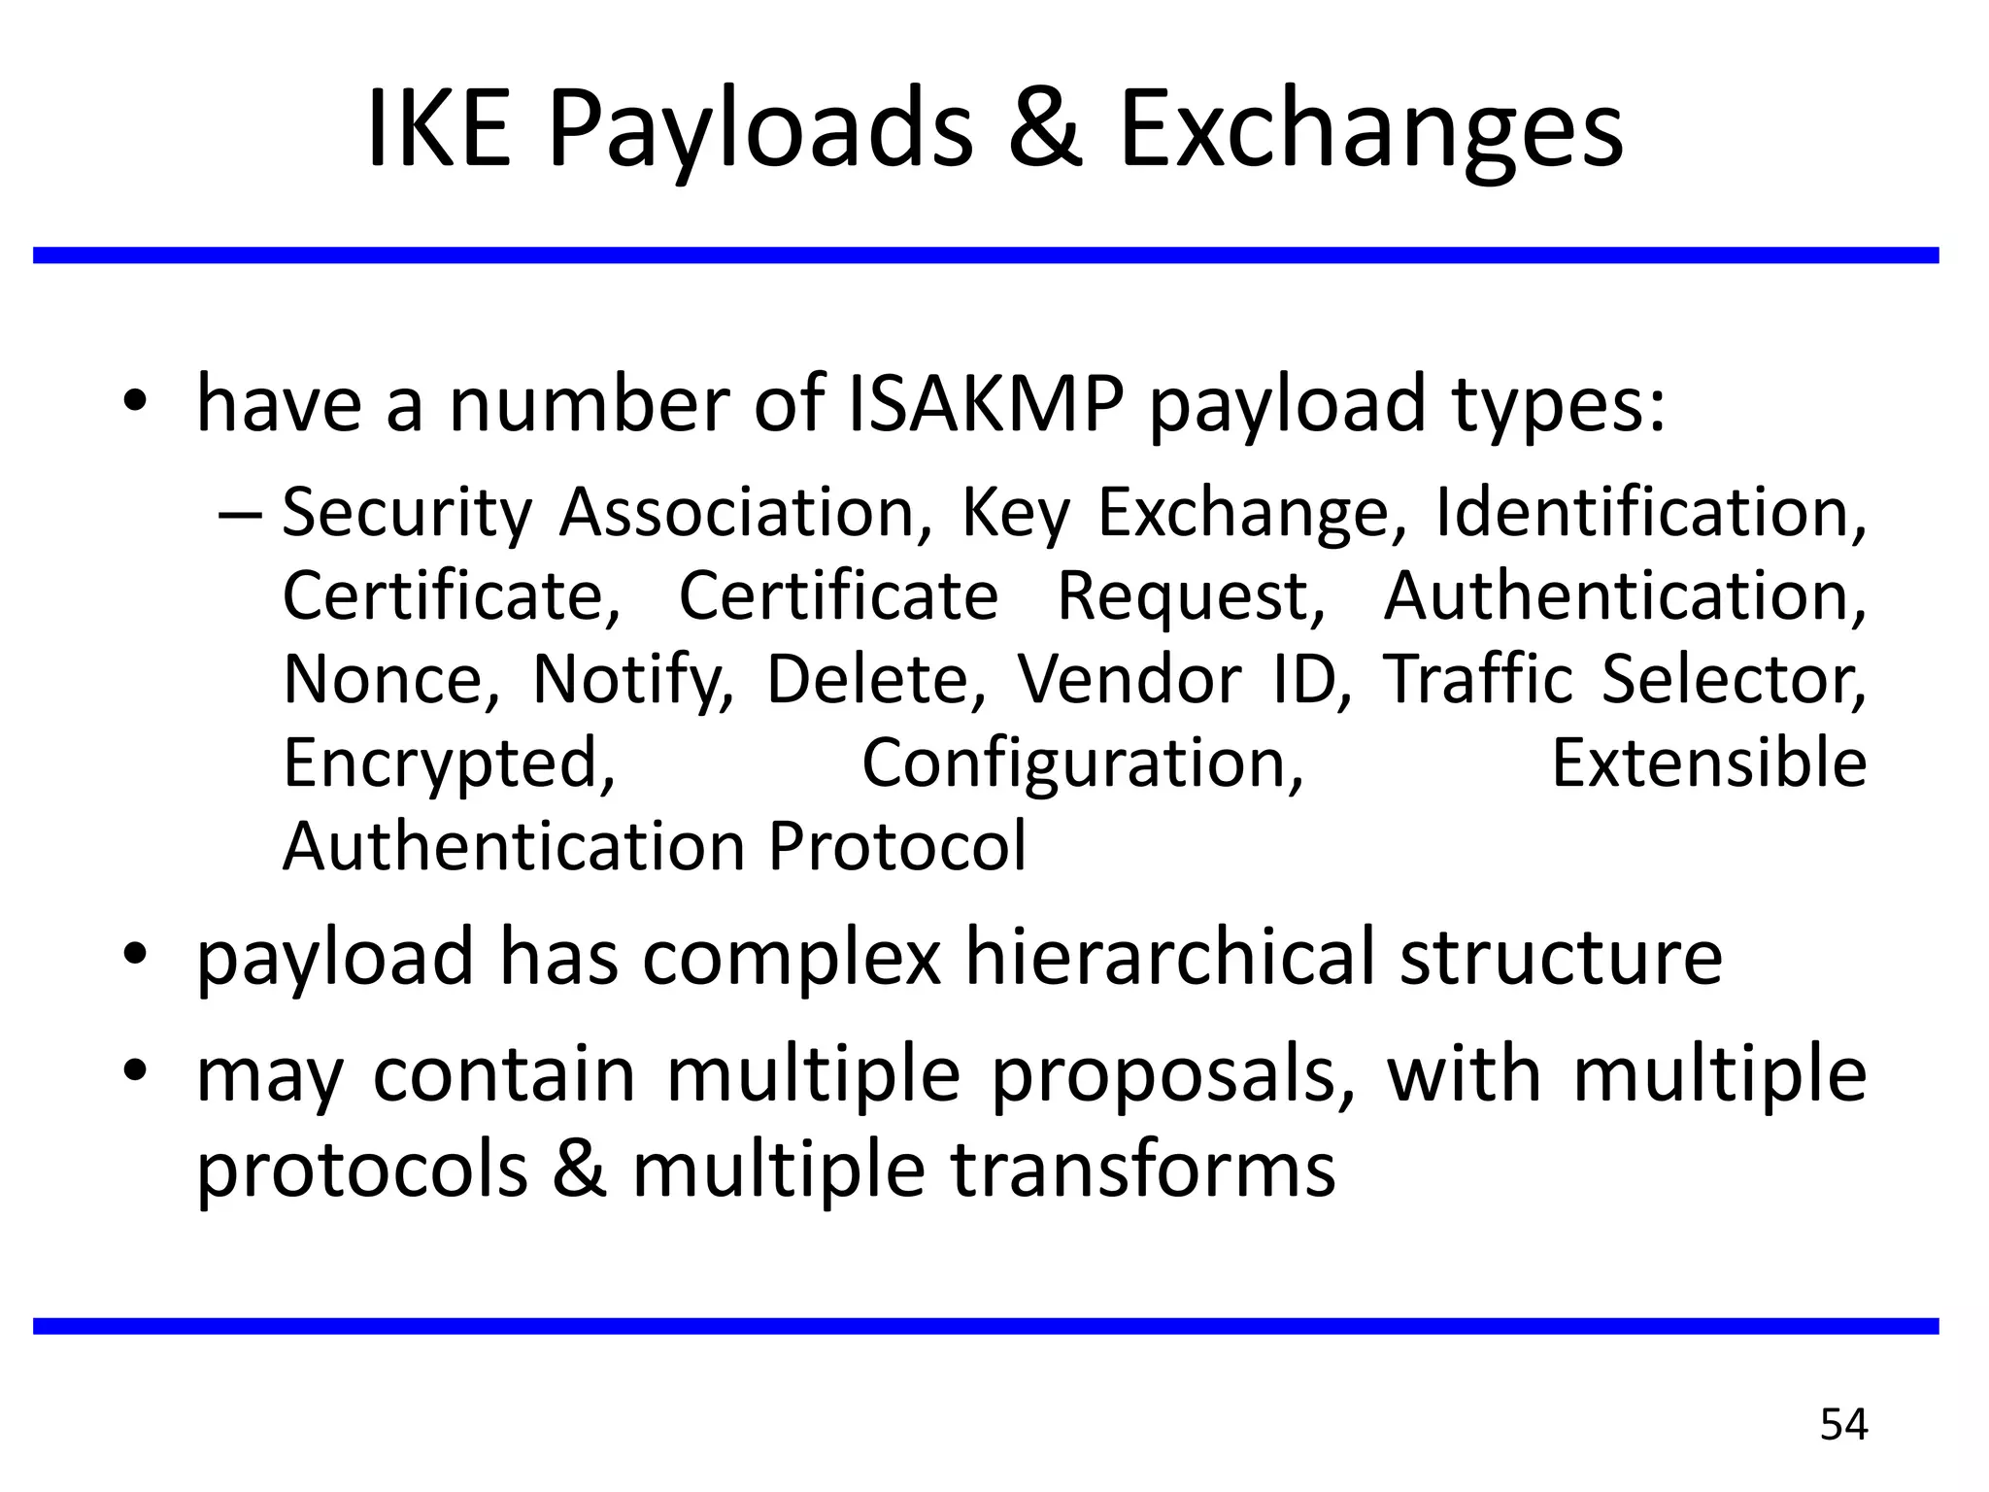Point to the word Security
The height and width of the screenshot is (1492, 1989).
point(407,513)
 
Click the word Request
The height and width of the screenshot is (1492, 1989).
point(1190,595)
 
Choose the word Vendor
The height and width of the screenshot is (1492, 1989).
point(1129,679)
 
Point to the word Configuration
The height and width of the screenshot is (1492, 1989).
point(1082,764)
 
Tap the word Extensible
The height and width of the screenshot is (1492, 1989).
point(1708,763)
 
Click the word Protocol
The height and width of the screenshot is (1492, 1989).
point(896,847)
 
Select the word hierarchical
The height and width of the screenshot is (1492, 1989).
point(1168,956)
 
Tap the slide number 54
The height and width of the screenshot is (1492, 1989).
point(1843,1425)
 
